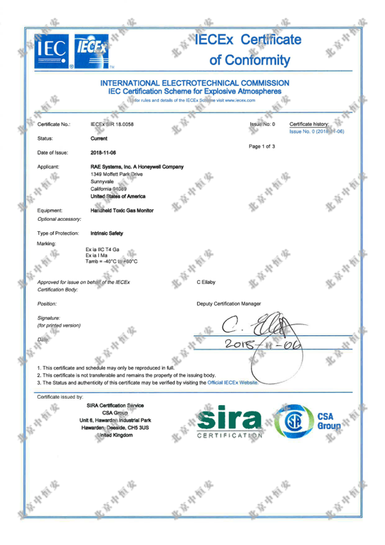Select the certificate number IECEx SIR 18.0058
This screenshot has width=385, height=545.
pos(112,123)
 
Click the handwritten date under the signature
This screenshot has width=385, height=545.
pos(253,347)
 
